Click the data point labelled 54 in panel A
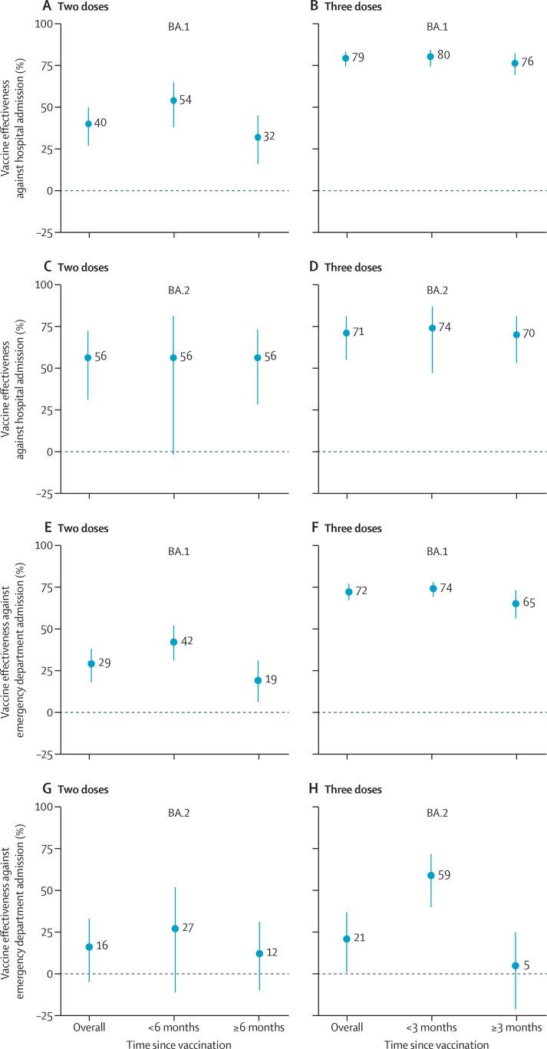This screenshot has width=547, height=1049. point(173,100)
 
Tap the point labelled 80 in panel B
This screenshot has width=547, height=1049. point(431,57)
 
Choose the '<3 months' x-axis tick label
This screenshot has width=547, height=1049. point(431,1027)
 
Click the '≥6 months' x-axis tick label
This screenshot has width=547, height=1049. point(259,1027)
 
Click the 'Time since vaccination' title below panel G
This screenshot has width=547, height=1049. point(174,1043)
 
